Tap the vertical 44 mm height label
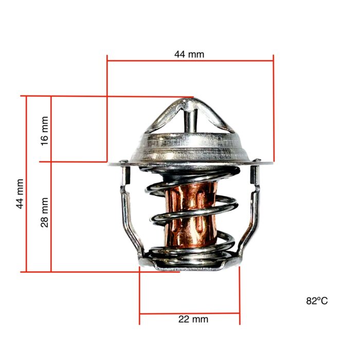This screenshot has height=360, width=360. point(20,193)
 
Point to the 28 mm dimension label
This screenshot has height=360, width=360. point(45,212)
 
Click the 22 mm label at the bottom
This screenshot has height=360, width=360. point(193,319)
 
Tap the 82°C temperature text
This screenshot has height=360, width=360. point(316,301)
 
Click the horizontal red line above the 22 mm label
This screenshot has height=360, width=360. point(189,313)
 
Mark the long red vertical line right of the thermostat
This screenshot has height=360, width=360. point(274,109)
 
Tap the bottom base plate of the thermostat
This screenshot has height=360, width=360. point(189,265)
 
